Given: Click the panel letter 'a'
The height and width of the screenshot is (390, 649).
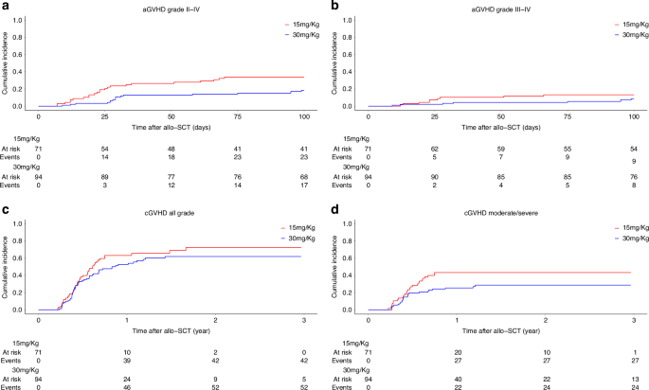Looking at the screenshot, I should (5, 7).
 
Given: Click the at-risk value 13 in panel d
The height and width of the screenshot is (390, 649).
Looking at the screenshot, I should (632, 378).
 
